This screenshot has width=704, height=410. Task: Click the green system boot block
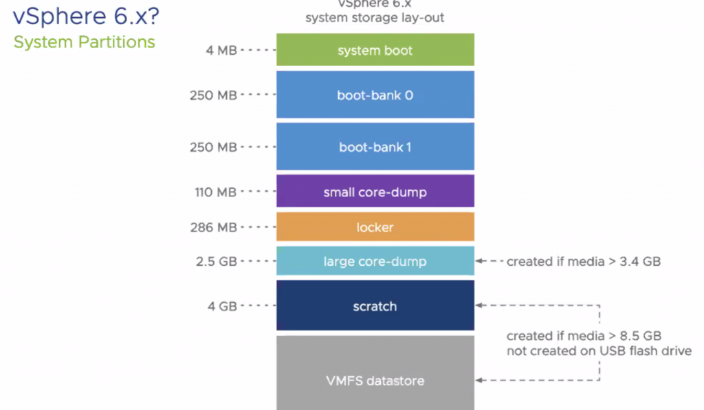pos(375,50)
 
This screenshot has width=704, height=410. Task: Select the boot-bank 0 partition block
pos(375,95)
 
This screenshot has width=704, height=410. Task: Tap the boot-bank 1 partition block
pos(375,146)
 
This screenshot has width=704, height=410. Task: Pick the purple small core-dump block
pos(375,192)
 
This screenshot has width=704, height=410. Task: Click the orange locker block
pos(375,227)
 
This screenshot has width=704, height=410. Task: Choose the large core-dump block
pos(375,261)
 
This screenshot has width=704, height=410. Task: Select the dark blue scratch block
pos(375,306)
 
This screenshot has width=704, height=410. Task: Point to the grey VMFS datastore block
pos(375,380)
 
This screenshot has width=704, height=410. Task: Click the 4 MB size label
pos(222,50)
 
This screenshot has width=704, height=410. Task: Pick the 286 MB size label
pos(213,227)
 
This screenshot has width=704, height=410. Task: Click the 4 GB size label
pos(222,306)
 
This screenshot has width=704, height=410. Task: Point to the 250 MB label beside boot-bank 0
pos(213,95)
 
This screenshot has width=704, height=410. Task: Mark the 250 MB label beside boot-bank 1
pos(213,146)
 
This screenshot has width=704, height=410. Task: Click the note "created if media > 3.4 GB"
pos(584,261)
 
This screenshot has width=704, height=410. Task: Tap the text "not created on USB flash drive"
pos(599,351)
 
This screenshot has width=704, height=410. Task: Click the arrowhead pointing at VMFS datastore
pos(480,380)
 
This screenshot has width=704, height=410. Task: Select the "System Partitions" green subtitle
pos(85,42)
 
